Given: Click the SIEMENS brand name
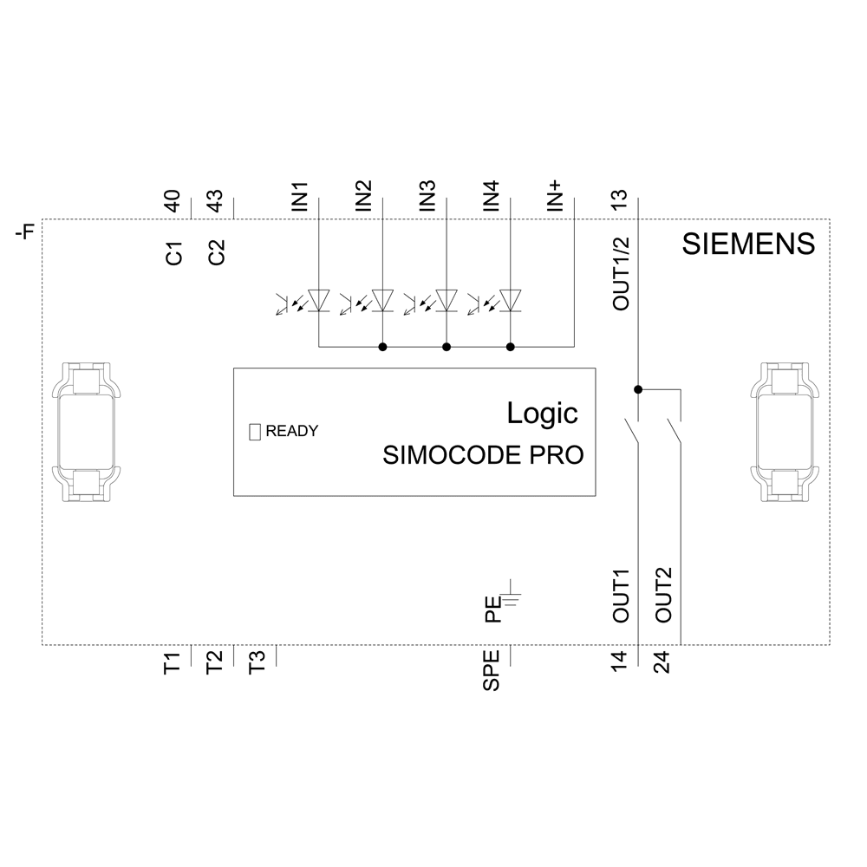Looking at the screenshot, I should tap(748, 244).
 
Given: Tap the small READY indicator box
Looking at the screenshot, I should tap(255, 431).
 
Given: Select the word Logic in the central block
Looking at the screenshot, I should tap(542, 414).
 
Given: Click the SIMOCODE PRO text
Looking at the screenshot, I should tap(483, 456).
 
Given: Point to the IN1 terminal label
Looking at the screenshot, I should tap(300, 197).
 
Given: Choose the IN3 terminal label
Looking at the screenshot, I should tap(427, 197).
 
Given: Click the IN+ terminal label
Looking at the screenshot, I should tap(555, 196).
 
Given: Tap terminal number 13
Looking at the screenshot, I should tap(619, 200).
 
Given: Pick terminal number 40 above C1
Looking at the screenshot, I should tap(173, 202).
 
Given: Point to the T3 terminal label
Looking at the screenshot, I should tap(257, 663).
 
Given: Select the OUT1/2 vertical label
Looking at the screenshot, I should tap(620, 274).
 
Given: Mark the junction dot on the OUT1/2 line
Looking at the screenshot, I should tap(638, 389).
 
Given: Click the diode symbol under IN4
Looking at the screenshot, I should tap(510, 300).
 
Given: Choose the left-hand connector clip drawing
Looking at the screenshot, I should tap(85, 432).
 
